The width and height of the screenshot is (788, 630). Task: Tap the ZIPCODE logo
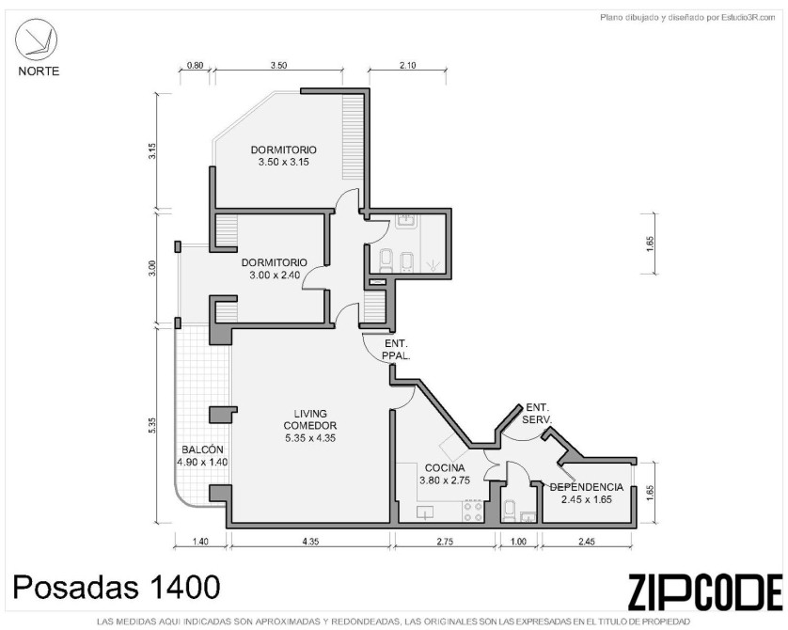[x=705, y=591]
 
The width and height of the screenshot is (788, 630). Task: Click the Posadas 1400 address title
[x=116, y=587]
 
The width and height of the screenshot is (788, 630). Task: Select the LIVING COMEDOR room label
[x=310, y=419]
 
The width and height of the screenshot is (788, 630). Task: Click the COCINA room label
[x=445, y=467]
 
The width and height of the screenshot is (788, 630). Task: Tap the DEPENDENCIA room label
[x=587, y=487]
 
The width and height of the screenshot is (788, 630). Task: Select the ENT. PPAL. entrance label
[x=397, y=350]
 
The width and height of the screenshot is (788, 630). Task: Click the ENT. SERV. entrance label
[x=538, y=413]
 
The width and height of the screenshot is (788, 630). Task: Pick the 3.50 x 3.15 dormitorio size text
[x=283, y=162]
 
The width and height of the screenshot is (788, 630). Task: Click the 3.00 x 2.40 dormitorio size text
[x=275, y=275]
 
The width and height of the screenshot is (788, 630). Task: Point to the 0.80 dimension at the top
[x=195, y=65]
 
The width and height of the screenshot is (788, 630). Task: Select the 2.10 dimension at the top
[x=407, y=65]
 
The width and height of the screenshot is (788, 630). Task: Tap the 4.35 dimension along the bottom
[x=310, y=541]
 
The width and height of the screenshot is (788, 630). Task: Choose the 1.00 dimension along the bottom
[x=518, y=541]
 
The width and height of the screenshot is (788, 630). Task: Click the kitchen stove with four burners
[x=473, y=511]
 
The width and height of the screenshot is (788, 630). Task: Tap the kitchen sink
[x=425, y=512]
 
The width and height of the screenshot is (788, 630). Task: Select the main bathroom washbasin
[x=404, y=220]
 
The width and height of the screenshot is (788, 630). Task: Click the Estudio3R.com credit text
[x=687, y=18]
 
